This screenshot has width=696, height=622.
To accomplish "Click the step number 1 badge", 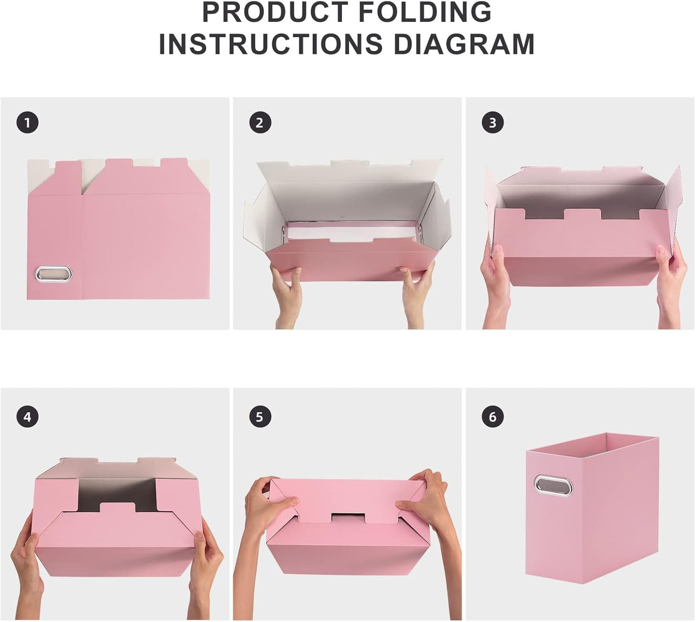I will click(27, 123).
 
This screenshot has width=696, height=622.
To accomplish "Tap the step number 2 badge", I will click(260, 123).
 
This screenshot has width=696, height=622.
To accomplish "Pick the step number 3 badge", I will click(492, 123).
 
